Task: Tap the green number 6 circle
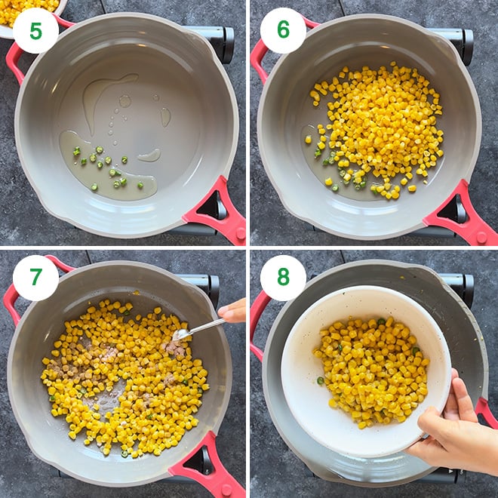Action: point(283,30)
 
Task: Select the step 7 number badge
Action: point(35,278)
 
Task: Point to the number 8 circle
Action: point(283,278)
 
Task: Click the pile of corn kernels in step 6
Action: point(381,128)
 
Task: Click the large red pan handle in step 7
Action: point(207,464)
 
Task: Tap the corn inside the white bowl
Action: point(370,370)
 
